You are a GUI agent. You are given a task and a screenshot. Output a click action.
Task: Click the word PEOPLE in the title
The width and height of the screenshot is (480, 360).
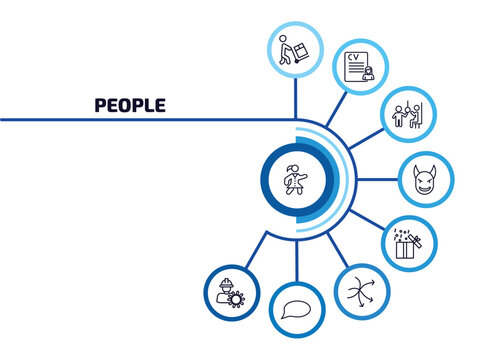[130, 105]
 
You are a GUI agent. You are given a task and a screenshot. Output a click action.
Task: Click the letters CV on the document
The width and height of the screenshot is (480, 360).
[352, 56]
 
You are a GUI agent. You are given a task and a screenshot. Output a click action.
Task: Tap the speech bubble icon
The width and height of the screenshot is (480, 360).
[297, 309]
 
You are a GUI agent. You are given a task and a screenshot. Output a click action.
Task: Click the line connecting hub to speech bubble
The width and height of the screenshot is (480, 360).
[296, 256]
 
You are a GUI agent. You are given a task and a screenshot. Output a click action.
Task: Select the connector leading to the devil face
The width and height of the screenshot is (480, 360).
[378, 180]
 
